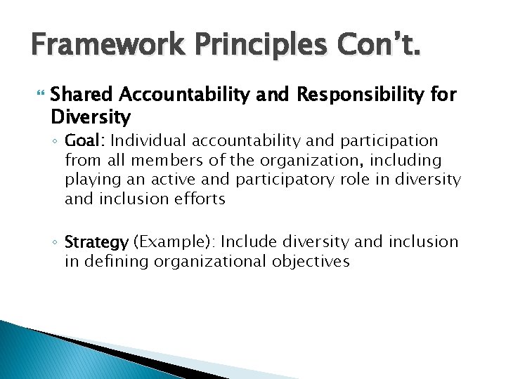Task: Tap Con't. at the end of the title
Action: coord(379,47)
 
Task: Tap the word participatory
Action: coord(286,180)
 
